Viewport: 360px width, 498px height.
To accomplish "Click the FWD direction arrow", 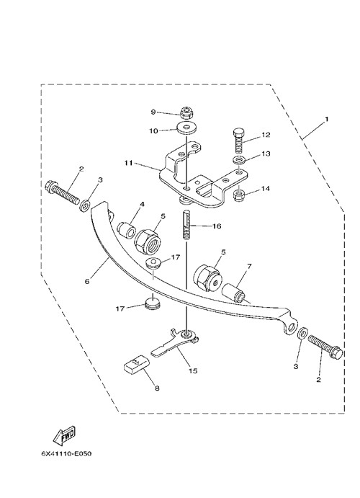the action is (64, 435).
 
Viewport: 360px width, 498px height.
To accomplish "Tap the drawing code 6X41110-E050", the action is (66, 453).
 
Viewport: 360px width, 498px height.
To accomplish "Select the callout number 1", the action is (326, 119).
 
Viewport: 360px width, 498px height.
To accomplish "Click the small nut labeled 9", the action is (185, 112).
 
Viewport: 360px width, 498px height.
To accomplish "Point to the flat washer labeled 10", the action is (186, 128).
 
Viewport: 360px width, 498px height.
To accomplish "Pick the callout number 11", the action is (128, 164).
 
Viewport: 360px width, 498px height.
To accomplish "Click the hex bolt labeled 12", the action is (240, 141).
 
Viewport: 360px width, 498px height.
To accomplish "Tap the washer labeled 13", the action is (238, 160).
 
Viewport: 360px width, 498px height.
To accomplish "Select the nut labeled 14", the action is (239, 195).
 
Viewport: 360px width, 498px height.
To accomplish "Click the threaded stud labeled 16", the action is (186, 225).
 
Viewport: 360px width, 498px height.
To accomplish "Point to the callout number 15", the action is (193, 370).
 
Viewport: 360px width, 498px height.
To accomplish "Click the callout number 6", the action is (87, 281).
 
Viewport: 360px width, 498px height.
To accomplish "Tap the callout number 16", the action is (217, 226).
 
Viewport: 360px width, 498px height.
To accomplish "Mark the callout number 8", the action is (157, 388).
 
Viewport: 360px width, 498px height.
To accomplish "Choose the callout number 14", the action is (266, 188).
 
